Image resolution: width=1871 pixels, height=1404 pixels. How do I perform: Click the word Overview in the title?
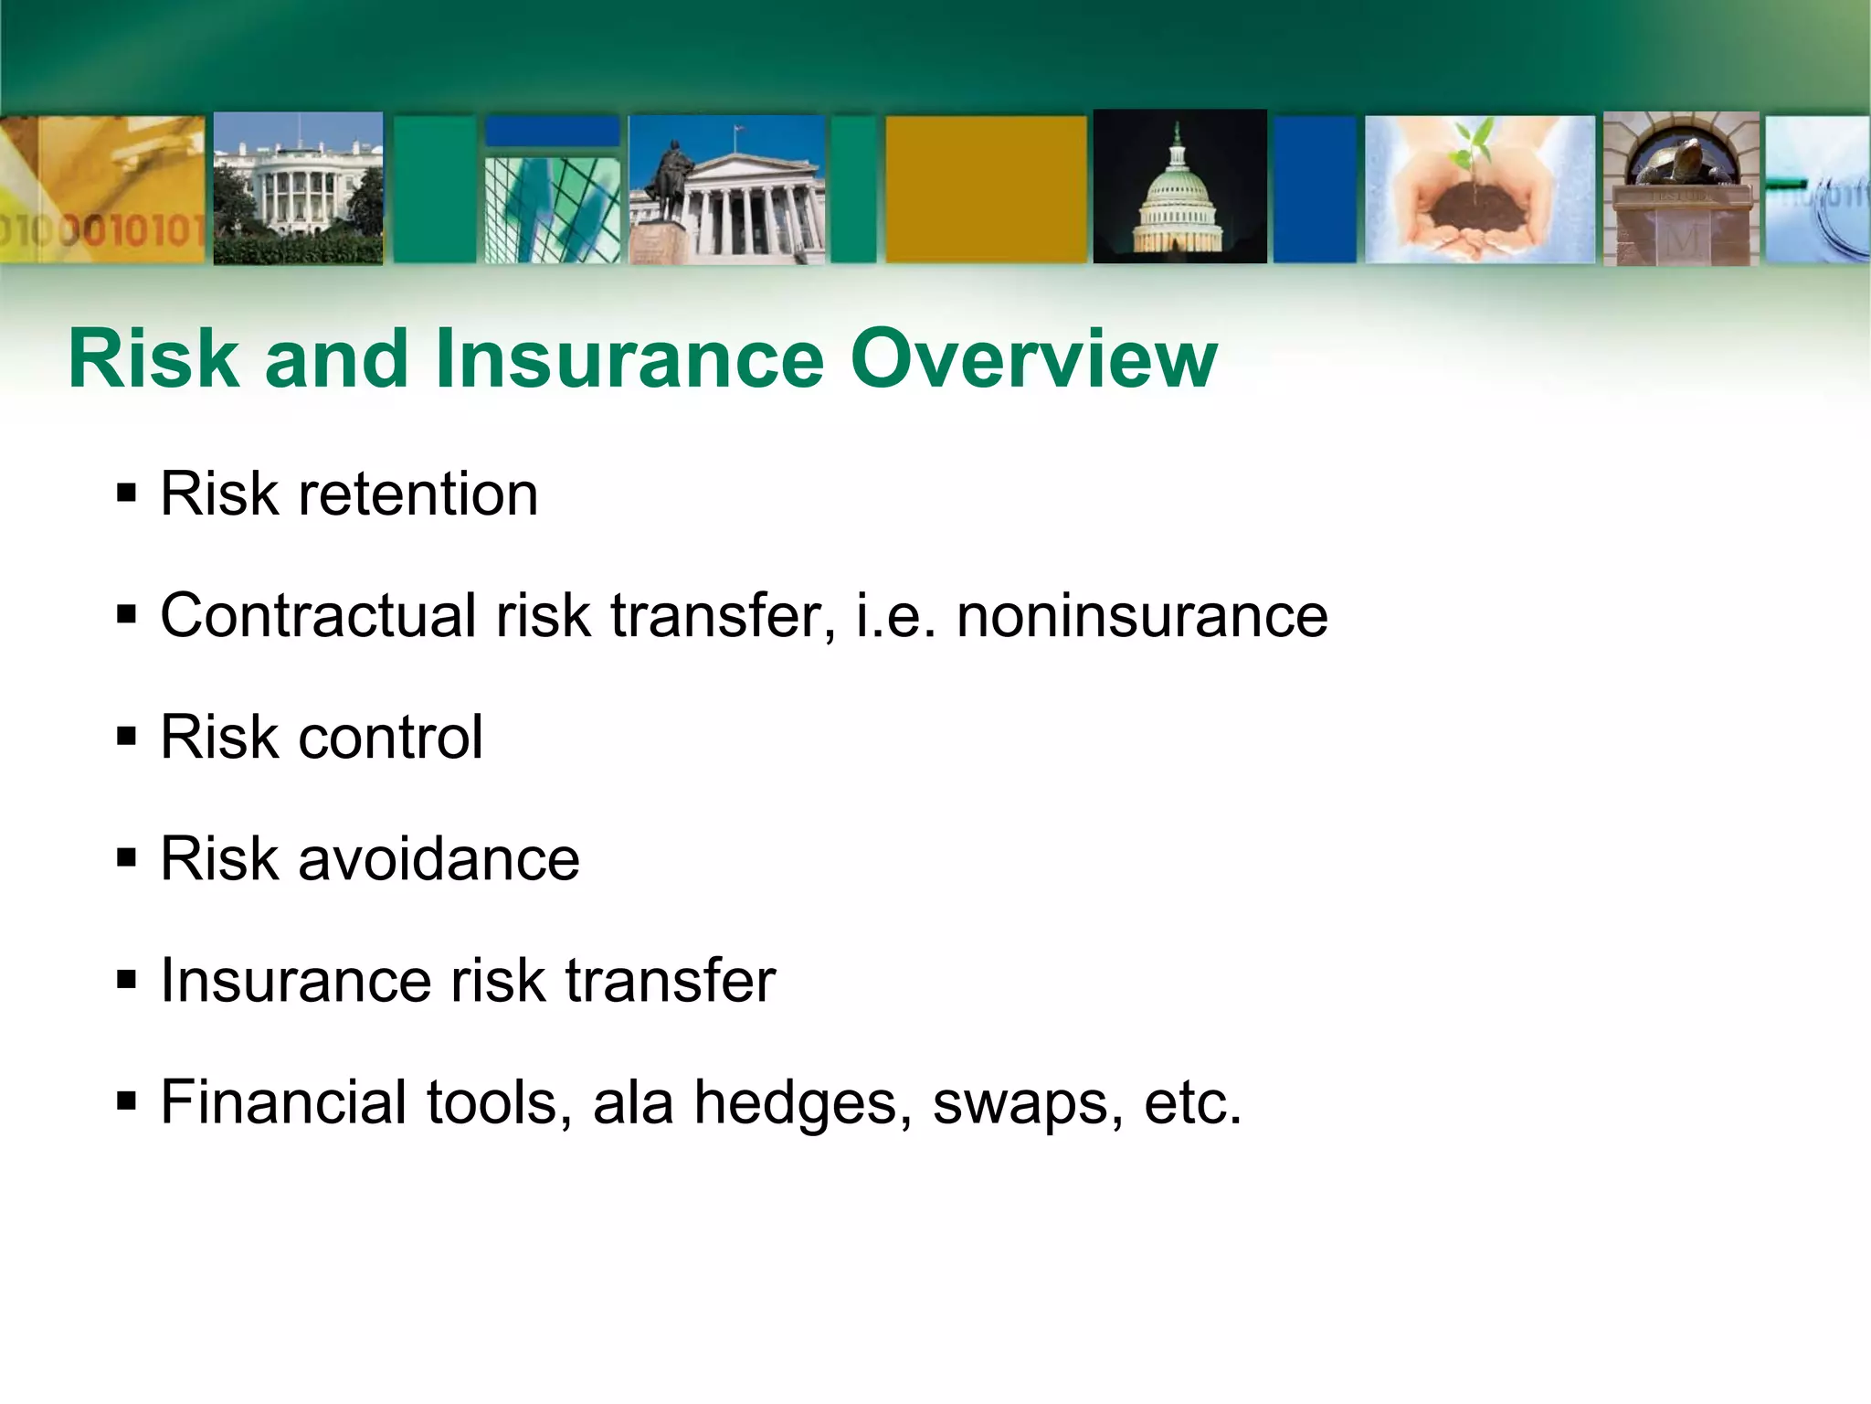(1033, 359)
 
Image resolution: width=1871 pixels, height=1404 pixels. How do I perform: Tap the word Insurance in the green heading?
(630, 359)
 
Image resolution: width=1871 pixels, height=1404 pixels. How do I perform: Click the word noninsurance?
(1142, 615)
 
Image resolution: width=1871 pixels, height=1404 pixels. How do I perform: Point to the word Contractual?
(319, 615)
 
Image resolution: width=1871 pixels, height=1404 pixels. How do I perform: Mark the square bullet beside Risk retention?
(127, 495)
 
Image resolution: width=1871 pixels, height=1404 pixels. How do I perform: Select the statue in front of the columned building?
(668, 183)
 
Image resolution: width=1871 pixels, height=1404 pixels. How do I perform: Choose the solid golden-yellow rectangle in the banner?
(986, 188)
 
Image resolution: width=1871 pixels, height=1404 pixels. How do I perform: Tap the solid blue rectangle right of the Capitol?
(1315, 189)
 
